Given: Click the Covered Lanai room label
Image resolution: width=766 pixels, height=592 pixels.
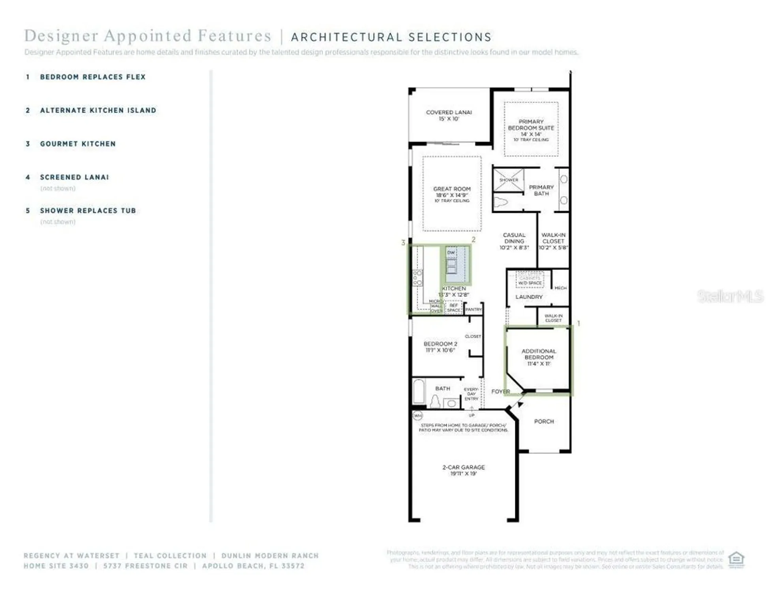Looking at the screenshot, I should (449, 115).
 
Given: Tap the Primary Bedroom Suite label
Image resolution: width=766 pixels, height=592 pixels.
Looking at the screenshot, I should (531, 128).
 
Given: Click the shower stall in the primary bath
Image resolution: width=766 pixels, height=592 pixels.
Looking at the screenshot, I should (508, 180).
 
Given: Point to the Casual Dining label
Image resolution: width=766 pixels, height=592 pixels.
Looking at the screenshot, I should (514, 241).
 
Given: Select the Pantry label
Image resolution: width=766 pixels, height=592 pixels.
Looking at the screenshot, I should (473, 309).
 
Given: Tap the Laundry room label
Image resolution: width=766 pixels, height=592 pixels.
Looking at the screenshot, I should (529, 297).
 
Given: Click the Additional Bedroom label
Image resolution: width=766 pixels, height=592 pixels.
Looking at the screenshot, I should (539, 357).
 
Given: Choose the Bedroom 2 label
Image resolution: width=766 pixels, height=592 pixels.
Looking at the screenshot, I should (440, 347).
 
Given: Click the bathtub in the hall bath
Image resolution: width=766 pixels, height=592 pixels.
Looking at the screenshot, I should (419, 391).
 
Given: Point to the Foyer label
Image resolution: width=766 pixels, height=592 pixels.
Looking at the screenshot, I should (500, 392).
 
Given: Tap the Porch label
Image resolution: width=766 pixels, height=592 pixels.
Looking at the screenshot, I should (544, 422).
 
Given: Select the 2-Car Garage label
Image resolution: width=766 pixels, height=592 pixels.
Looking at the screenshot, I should (463, 470).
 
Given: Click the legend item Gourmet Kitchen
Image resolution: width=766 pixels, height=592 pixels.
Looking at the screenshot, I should (78, 144).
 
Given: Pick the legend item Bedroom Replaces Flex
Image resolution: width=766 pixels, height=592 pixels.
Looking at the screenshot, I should (93, 77).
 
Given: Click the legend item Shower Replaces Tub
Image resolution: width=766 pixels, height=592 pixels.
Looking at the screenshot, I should (88, 211).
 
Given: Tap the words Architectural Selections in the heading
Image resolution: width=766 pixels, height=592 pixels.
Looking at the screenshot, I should (391, 37).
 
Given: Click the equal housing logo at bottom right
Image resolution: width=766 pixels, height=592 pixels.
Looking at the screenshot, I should (736, 559).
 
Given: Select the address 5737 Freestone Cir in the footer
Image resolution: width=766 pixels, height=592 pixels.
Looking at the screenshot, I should (145, 566).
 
